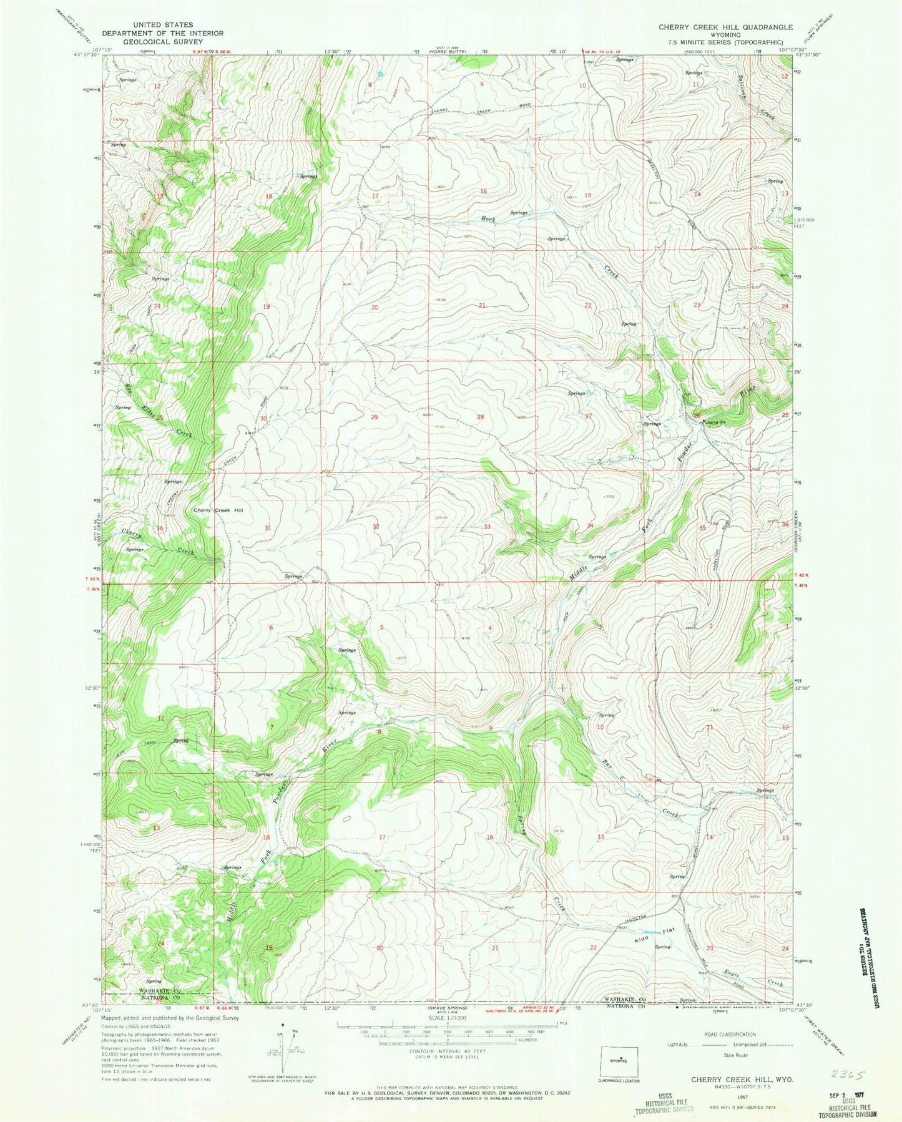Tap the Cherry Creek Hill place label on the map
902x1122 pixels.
coord(218,510)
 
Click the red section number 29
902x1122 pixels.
coord(375,417)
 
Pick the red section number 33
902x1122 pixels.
coord(487,527)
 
